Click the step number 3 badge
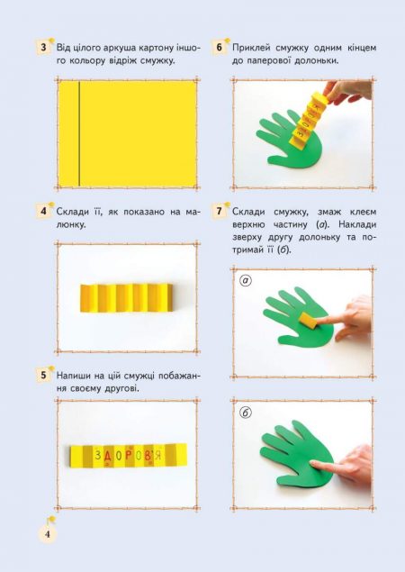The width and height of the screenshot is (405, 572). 44,48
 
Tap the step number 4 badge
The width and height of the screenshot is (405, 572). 44,212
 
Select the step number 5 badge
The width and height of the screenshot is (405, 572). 44,376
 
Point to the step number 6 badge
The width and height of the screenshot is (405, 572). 219,48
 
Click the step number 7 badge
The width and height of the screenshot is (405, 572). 219,212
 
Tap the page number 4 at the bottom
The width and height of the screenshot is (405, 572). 48,534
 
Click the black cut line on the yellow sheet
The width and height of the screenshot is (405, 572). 79,134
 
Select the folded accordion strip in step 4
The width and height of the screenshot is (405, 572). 127,297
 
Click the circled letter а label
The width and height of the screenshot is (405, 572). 246,280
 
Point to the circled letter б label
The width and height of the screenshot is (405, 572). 246,413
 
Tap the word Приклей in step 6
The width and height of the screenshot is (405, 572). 252,48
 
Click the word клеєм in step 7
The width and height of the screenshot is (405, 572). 363,212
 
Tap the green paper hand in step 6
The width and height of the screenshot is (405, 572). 290,141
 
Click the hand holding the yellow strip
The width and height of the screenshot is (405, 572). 347,91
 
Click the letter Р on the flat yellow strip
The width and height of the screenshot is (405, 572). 129,455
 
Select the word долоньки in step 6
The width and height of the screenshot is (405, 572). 317,61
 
